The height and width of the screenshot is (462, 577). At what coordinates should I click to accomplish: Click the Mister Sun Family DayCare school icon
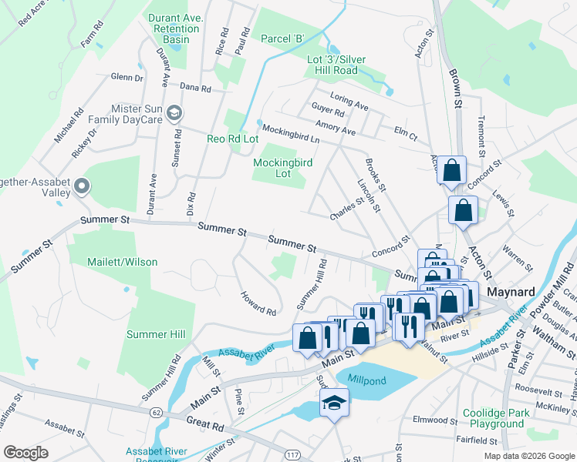174,113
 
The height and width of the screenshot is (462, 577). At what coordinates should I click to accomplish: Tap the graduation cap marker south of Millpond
335,403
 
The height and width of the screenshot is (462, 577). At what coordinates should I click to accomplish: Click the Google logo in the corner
26,452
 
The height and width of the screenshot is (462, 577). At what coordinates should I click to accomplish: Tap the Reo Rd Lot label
232,139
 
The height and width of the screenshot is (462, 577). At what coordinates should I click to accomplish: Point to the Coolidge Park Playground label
493,418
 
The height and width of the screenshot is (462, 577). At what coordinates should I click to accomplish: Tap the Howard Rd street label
258,303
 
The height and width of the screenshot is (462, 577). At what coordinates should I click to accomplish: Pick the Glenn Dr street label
127,77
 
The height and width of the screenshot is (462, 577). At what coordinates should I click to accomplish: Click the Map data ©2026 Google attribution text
528,455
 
